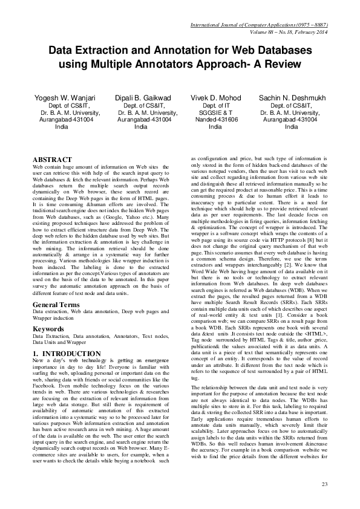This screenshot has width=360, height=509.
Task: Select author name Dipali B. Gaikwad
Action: (x=143, y=97)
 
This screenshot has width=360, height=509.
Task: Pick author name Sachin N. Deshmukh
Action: (x=292, y=97)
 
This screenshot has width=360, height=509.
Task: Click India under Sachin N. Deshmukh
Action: (x=292, y=127)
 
